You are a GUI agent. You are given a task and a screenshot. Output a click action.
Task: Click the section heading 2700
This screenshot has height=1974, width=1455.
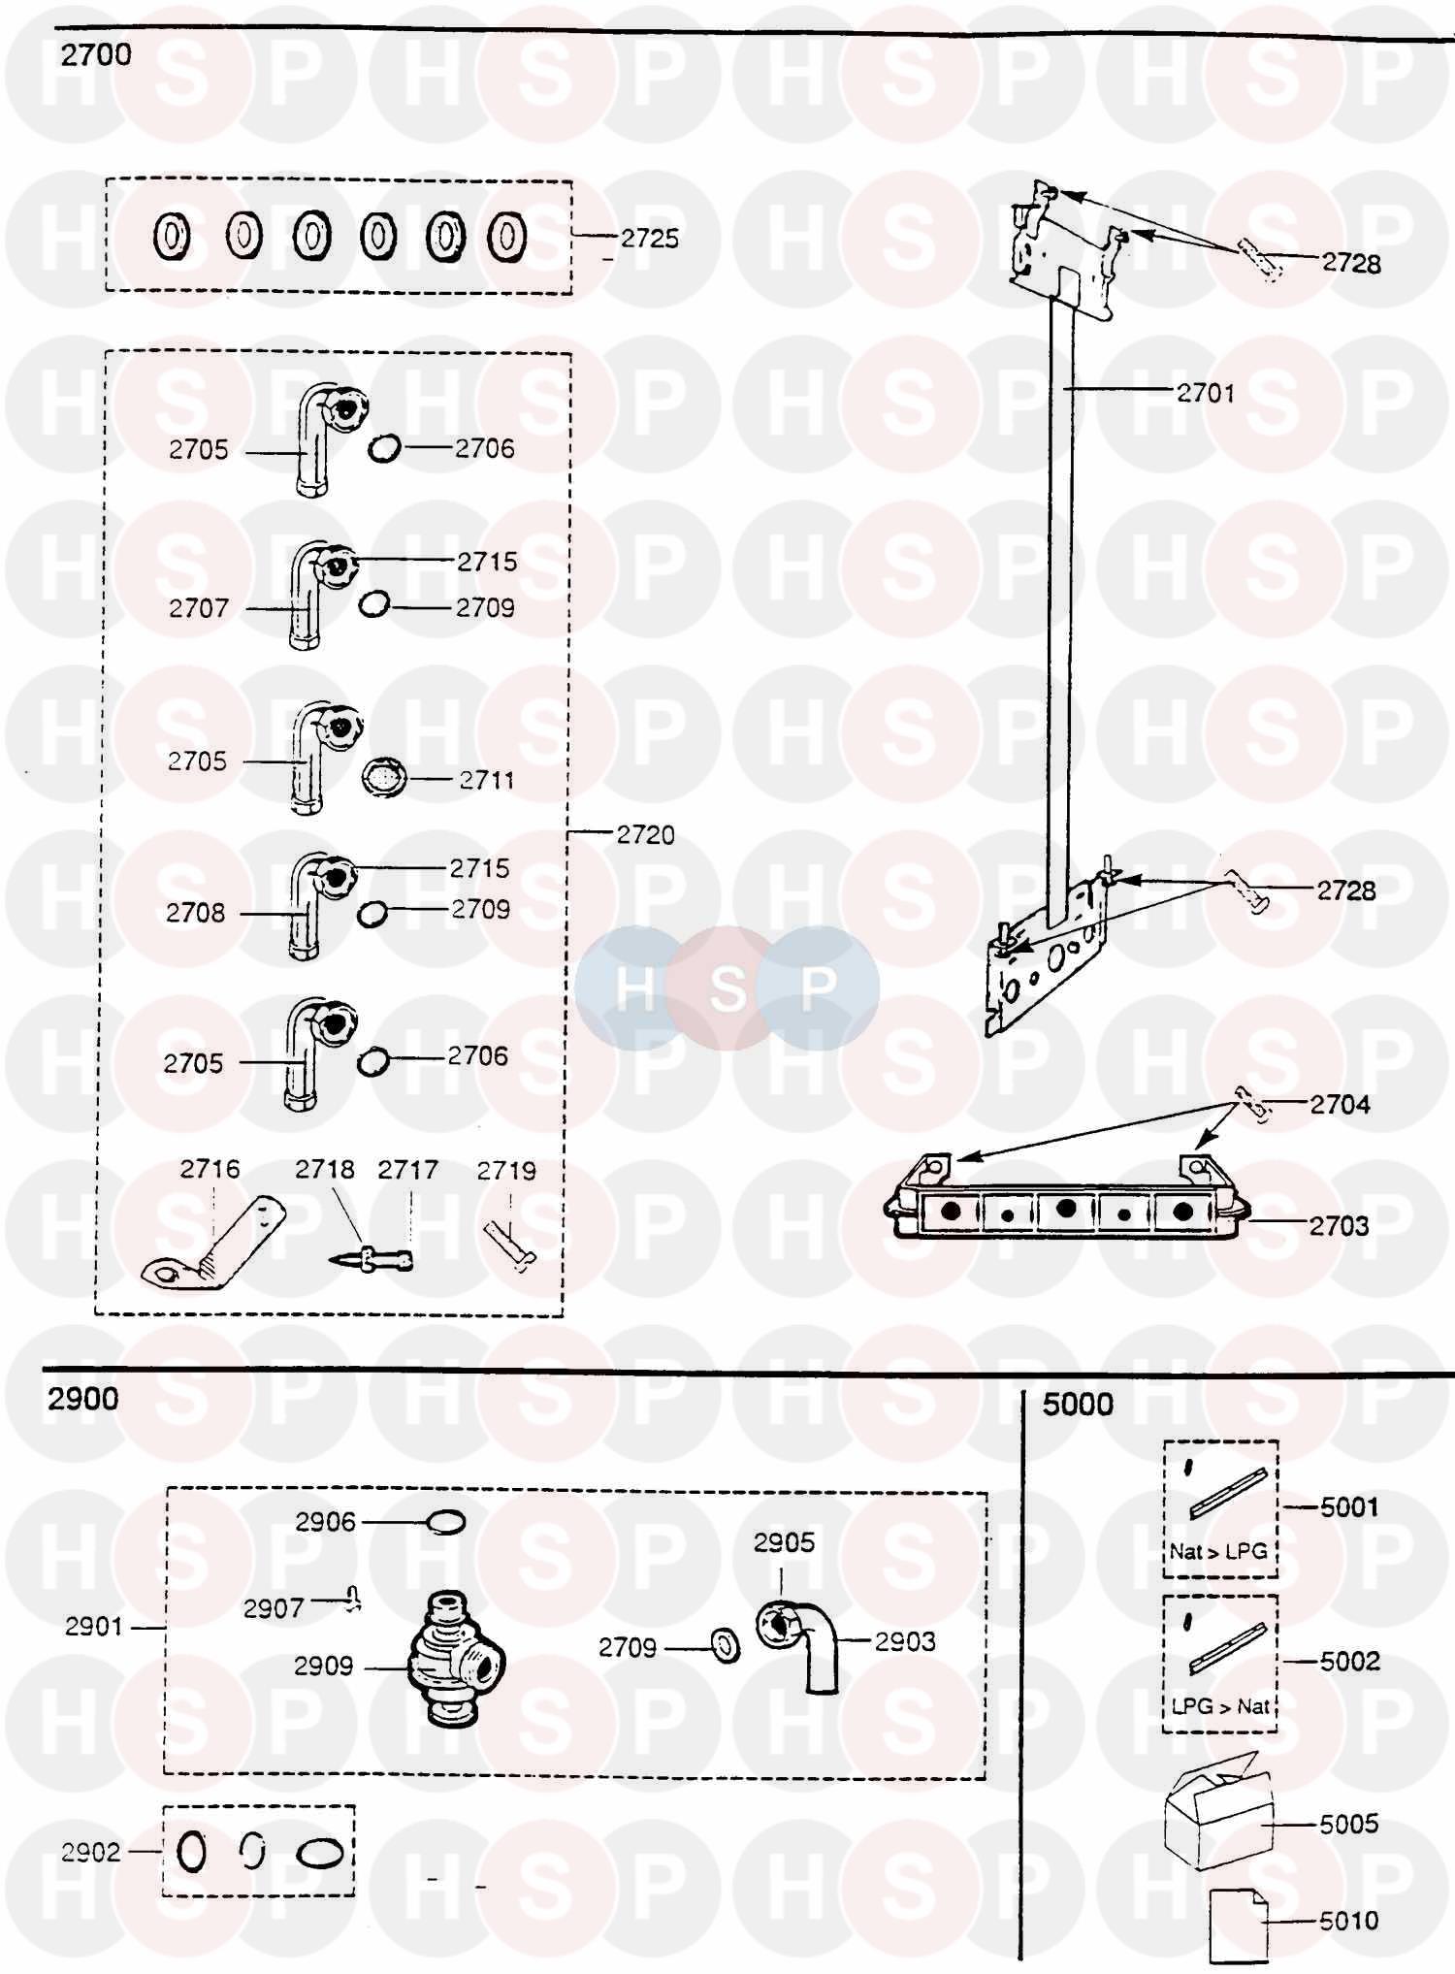click(x=96, y=55)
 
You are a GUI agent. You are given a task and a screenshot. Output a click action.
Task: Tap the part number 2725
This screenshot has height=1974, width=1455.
click(x=650, y=239)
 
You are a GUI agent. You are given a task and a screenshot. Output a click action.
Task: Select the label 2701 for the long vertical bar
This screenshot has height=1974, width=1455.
click(x=1206, y=393)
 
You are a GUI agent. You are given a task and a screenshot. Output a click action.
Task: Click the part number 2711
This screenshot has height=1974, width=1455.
click(x=487, y=780)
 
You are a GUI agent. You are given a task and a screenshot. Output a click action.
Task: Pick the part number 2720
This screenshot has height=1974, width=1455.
click(x=646, y=834)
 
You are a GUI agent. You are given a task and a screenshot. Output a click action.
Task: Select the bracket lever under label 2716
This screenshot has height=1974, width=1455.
click(x=215, y=1246)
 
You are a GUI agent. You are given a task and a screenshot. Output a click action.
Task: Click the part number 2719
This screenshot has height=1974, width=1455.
click(x=506, y=1171)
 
